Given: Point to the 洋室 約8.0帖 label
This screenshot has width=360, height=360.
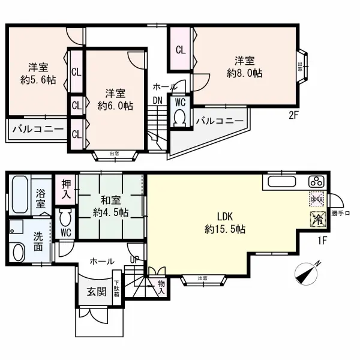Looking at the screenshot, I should point(244,67).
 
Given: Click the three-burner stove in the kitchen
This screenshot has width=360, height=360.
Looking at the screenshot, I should point(316,182).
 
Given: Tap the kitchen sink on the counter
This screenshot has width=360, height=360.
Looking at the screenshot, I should point(280,182).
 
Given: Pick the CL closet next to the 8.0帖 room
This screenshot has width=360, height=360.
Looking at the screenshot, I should point(181,50).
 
